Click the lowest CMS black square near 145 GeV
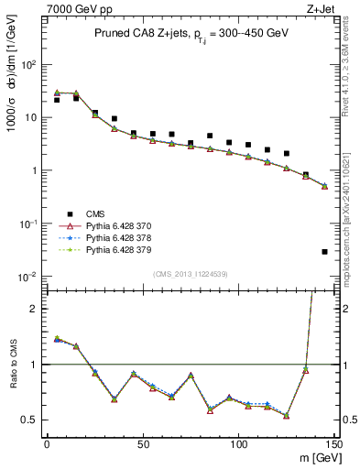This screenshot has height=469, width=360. click(325, 251)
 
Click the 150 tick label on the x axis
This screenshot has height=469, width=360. click(333, 444)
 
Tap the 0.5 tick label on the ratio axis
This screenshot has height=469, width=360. click(29, 420)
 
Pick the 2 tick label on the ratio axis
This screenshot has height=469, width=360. click(35, 309)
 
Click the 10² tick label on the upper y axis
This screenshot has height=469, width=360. click(29, 65)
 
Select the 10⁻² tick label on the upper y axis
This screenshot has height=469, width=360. click(29, 276)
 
